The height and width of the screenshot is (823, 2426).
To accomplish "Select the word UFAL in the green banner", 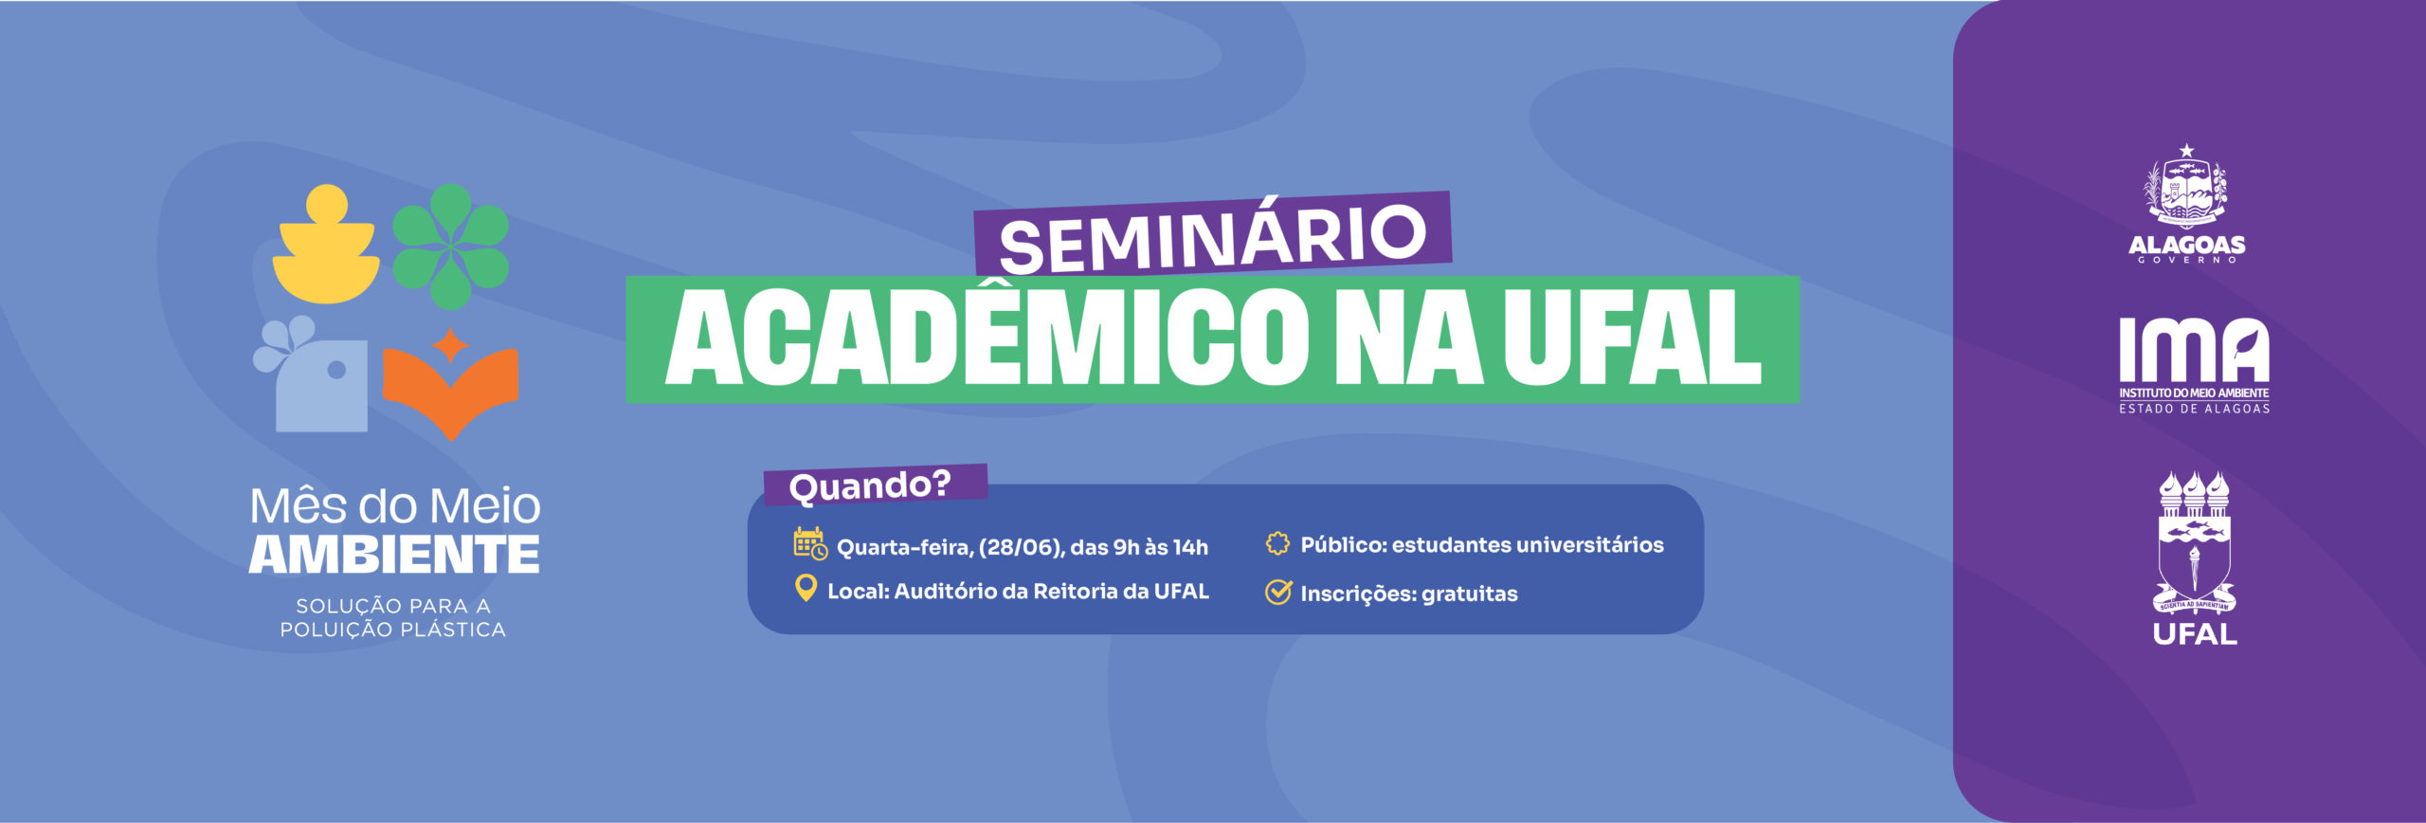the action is click(1632, 339).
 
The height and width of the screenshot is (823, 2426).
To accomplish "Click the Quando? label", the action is click(870, 485).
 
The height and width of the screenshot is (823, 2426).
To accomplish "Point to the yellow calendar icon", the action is click(810, 543).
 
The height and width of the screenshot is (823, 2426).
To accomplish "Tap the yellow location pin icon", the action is click(806, 589).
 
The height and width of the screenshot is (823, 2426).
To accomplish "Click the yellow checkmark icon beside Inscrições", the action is click(1278, 593).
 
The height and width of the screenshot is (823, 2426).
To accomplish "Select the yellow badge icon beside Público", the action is click(1277, 543).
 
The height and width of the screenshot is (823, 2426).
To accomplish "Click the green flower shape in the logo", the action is click(451, 247).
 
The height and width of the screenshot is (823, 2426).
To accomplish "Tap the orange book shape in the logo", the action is click(451, 383).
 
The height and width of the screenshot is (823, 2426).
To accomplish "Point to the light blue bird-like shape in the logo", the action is click(312, 375).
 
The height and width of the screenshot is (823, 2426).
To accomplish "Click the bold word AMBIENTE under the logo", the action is click(394, 555).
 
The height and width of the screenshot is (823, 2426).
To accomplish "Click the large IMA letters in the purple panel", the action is click(2194, 350).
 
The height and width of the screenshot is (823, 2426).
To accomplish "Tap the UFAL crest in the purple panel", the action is click(2194, 543).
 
